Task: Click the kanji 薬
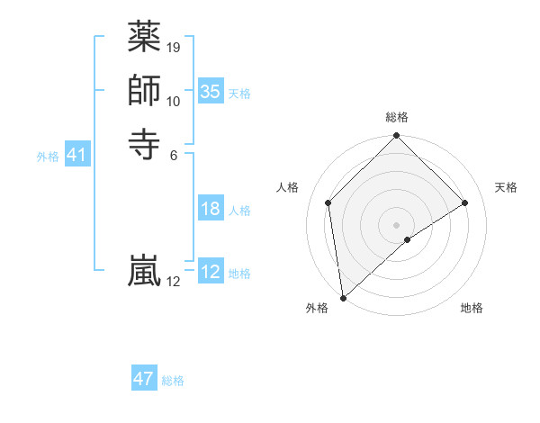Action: [144, 38]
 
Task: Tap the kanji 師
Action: [144, 91]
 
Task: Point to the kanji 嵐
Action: [144, 271]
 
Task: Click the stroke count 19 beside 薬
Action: [174, 47]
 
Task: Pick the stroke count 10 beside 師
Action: [174, 101]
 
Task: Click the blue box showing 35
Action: [210, 92]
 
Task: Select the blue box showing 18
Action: [210, 210]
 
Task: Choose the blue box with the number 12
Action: [210, 272]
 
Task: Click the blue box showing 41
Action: [77, 156]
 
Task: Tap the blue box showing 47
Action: [144, 379]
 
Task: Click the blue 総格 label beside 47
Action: [173, 381]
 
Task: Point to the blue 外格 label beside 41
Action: [48, 157]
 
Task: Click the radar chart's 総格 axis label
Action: [397, 117]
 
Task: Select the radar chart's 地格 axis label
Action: [472, 308]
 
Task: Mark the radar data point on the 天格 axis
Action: [465, 203]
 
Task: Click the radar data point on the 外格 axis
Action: [343, 297]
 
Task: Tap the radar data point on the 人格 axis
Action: [328, 203]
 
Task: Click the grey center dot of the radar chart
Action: [397, 224]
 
